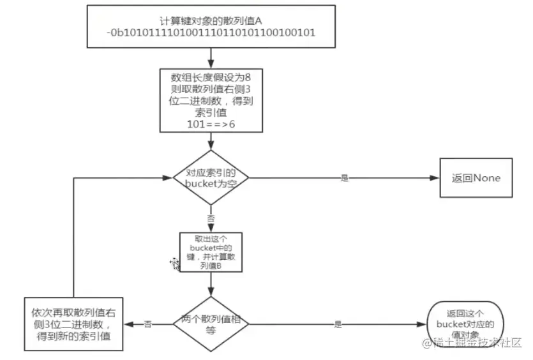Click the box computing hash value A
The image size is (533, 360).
210,26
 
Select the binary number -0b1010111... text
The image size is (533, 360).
210,33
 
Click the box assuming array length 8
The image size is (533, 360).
210,99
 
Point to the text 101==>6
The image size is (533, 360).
210,124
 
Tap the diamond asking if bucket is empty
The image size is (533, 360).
210,178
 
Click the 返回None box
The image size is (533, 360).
474,178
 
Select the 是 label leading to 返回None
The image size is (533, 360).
345,178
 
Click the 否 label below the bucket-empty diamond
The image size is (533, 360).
211,218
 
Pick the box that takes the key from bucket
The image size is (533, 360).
210,251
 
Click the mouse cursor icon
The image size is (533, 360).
174,262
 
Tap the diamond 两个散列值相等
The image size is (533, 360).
210,324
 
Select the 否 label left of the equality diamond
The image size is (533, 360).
148,324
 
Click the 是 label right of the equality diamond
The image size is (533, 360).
338,324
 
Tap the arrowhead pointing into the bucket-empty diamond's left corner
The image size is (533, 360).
168,178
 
